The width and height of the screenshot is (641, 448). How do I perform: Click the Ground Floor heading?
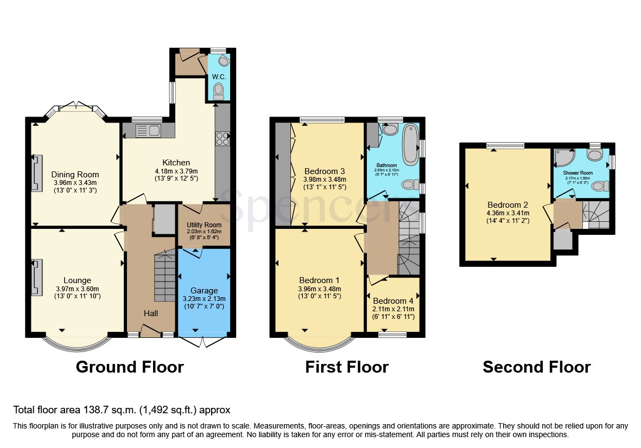(130, 367)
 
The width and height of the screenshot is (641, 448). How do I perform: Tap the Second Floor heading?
(536, 367)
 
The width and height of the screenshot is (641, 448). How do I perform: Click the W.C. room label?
(219, 77)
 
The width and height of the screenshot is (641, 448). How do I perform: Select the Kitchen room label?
(176, 163)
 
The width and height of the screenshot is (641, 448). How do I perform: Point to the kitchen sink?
(148, 130)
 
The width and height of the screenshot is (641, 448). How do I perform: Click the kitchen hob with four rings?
(223, 138)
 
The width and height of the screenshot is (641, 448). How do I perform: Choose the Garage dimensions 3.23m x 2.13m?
(204, 299)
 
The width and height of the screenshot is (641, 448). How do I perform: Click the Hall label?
(151, 313)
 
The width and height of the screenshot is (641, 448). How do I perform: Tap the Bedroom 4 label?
(394, 301)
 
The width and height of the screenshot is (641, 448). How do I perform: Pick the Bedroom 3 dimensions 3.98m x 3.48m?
(325, 180)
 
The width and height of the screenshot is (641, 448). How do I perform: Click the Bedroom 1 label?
(320, 280)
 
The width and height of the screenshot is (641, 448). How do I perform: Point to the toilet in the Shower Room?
(599, 186)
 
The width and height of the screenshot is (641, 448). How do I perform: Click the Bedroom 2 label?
(507, 205)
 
